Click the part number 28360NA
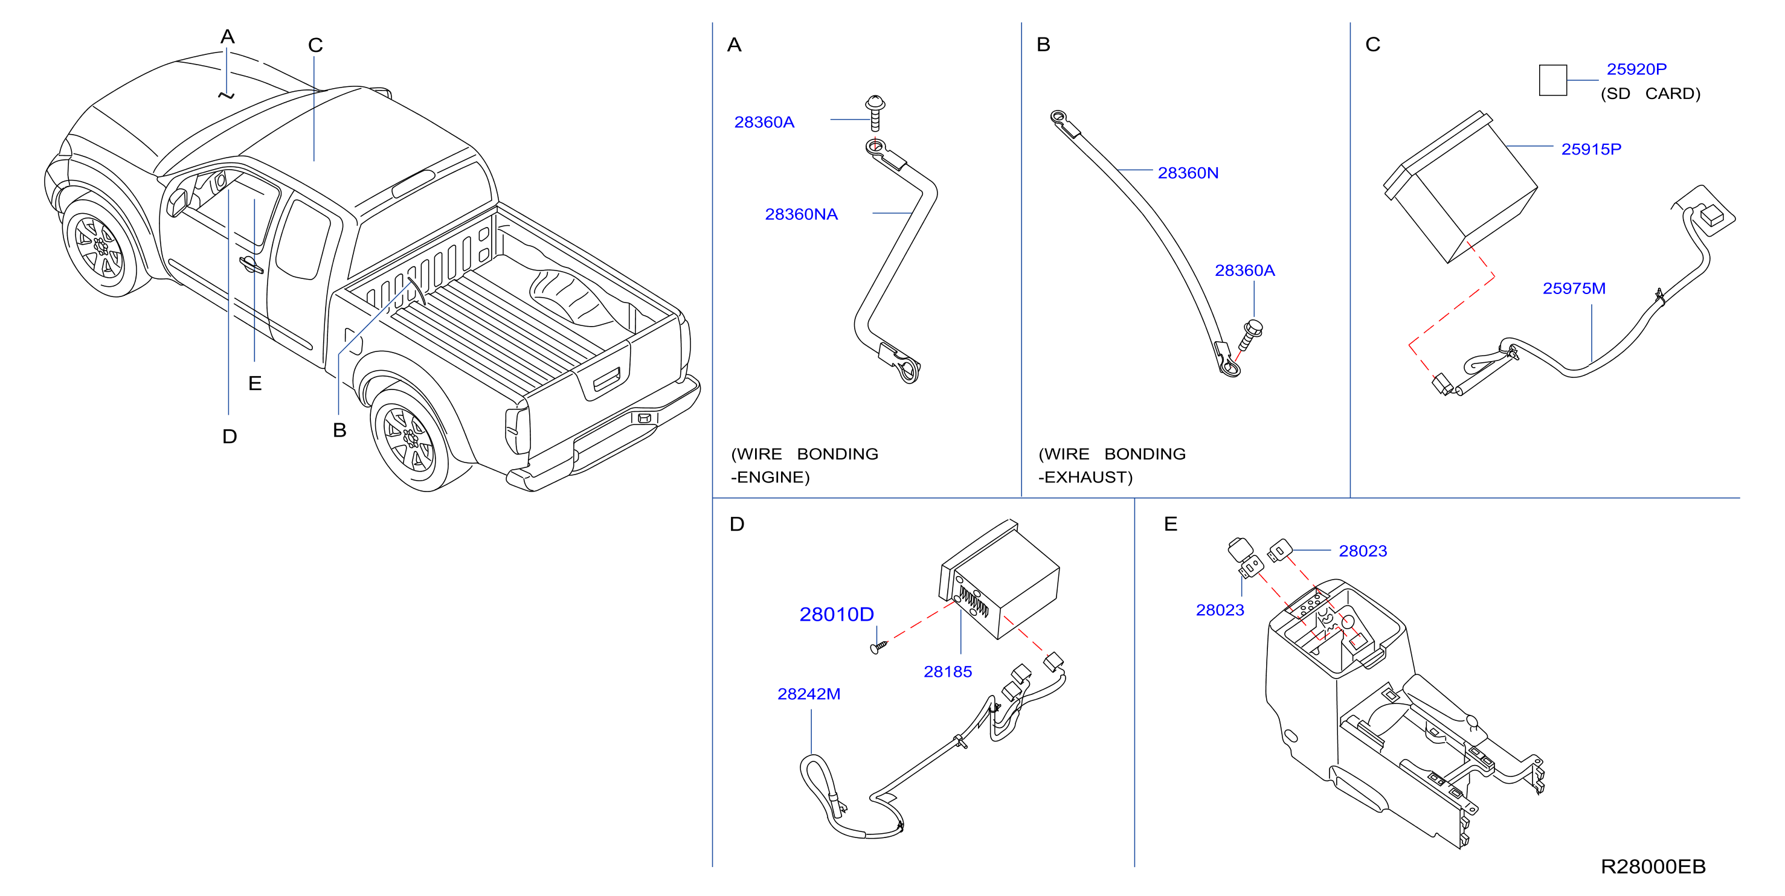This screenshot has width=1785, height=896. pos(801,214)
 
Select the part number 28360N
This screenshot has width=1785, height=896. pos(1188,173)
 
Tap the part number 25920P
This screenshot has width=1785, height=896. pos(1637,69)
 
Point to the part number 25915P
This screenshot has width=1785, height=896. pos(1591,149)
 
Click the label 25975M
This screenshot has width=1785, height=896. pos(1574,288)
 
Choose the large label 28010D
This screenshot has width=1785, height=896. pos(837,614)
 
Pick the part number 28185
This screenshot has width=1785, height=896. pos(947,671)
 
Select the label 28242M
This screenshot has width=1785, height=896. pos(809,694)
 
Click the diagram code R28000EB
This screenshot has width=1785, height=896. pos(1653,866)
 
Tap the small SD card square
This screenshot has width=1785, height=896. pos(1552,80)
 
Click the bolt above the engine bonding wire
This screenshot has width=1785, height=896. pos(875,113)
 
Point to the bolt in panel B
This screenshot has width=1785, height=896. pos(1250,335)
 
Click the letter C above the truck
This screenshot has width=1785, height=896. pos(315,45)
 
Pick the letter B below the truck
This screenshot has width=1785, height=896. pos(339,430)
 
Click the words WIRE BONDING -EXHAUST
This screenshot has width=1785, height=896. pos(1111,466)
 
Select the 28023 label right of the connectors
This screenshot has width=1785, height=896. pos(1362,551)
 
